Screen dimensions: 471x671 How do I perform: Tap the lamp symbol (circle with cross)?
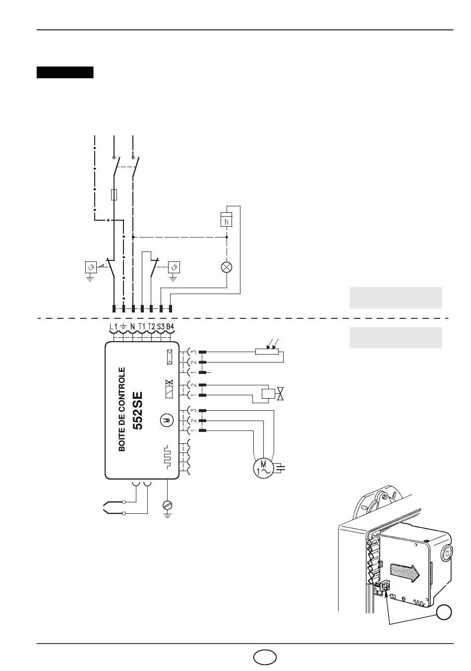(x=227, y=267)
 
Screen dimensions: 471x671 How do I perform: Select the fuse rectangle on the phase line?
(x=114, y=194)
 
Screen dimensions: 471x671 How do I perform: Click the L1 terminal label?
(x=114, y=326)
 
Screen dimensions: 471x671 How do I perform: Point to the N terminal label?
(x=133, y=326)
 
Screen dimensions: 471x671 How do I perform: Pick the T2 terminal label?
(x=152, y=326)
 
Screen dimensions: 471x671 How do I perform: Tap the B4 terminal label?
(x=170, y=326)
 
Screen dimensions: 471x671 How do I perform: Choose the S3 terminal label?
(x=161, y=326)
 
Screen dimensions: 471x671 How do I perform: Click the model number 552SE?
(x=137, y=411)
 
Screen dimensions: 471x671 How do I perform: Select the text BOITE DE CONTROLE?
(x=122, y=410)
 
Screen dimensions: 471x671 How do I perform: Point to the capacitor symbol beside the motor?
(x=280, y=468)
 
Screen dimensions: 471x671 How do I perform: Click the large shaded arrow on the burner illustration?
(x=405, y=573)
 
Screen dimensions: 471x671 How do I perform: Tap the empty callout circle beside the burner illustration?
(x=444, y=612)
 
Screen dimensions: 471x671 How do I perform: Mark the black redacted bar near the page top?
(x=65, y=72)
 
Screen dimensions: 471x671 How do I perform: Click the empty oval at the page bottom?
(x=265, y=657)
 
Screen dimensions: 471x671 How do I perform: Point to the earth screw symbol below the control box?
(x=168, y=505)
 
